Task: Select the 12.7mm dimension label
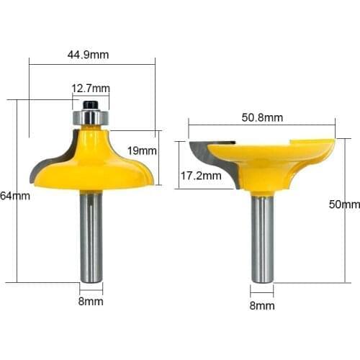pos(91,89)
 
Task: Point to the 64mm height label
pos(10,196)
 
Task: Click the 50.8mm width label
pos(262,118)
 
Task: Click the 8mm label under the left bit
pos(91,302)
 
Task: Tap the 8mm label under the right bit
pos(263,305)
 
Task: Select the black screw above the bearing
pos(91,104)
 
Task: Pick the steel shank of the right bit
pos(262,238)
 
